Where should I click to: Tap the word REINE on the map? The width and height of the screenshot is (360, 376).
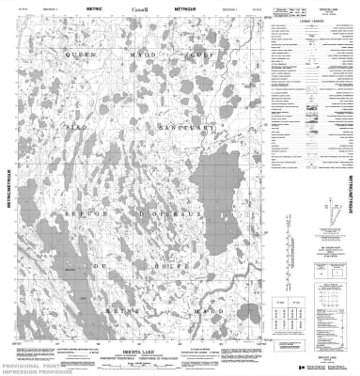coord(81,310)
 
